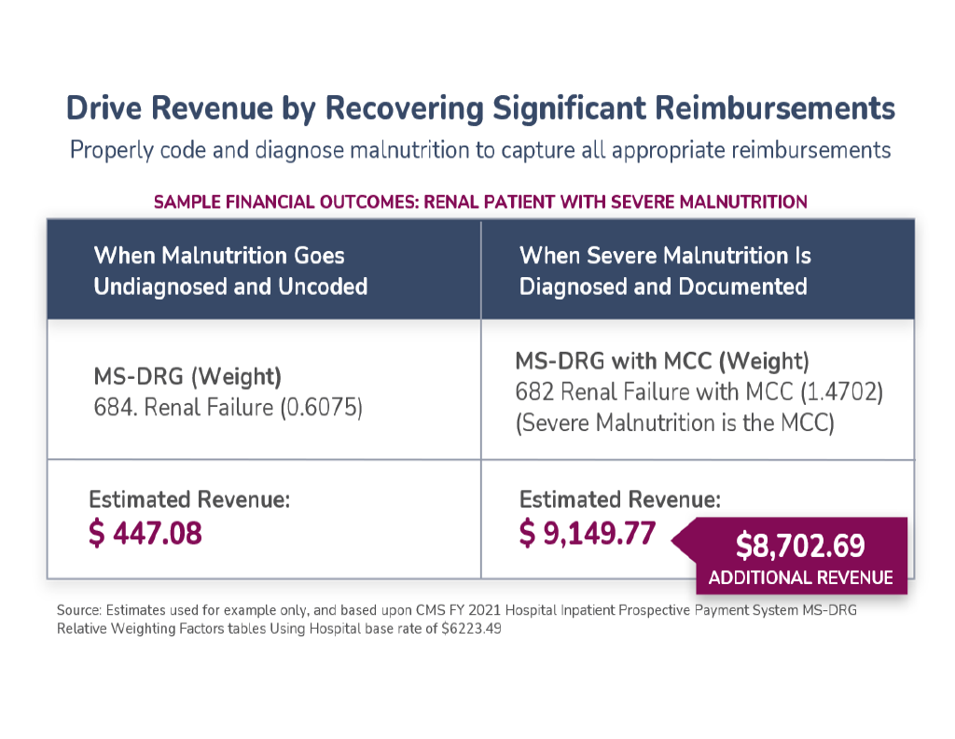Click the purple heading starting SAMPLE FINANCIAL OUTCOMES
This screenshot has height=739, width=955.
pos(480,201)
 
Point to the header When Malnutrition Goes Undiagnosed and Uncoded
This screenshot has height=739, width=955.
pos(230,271)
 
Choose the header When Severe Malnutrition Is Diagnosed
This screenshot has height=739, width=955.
pos(664,271)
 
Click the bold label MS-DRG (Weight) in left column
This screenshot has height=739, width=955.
pos(187,378)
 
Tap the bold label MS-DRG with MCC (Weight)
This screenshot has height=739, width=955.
pos(662,360)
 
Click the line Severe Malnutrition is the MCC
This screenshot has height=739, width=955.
pos(674,422)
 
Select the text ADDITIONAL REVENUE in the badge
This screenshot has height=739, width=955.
pos(800,578)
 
